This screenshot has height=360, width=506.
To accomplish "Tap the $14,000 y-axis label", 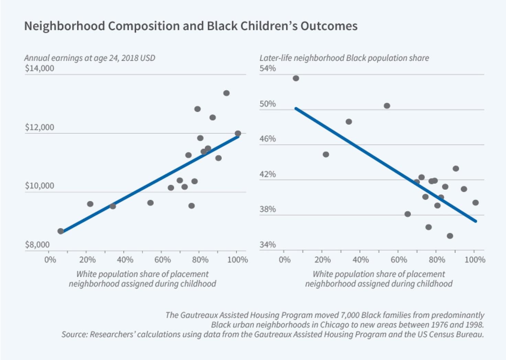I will coord(39,68).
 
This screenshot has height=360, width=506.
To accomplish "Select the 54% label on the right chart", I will coord(267,68).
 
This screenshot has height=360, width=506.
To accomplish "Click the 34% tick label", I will coord(267,245).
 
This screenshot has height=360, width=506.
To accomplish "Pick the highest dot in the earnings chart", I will coord(226,93).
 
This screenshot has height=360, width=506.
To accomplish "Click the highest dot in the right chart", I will coord(296,78).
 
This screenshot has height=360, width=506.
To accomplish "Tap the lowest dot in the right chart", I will coord(450,236).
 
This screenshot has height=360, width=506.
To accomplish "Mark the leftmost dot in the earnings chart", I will coord(61,231).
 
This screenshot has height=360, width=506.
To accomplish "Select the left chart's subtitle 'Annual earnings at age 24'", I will coord(89,58).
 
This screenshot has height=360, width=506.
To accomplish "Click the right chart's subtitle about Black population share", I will coord(344,58).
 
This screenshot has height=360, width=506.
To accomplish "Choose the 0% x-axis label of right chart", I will coord(284,260).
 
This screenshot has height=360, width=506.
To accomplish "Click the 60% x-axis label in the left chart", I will coord(162,260).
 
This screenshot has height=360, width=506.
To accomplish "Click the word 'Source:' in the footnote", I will coord(74,334).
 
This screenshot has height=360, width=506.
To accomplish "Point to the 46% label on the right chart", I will coord(267,139).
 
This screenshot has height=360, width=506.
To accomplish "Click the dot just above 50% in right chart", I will coord(387,105).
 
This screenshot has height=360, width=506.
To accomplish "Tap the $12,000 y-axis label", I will coord(39,127).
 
